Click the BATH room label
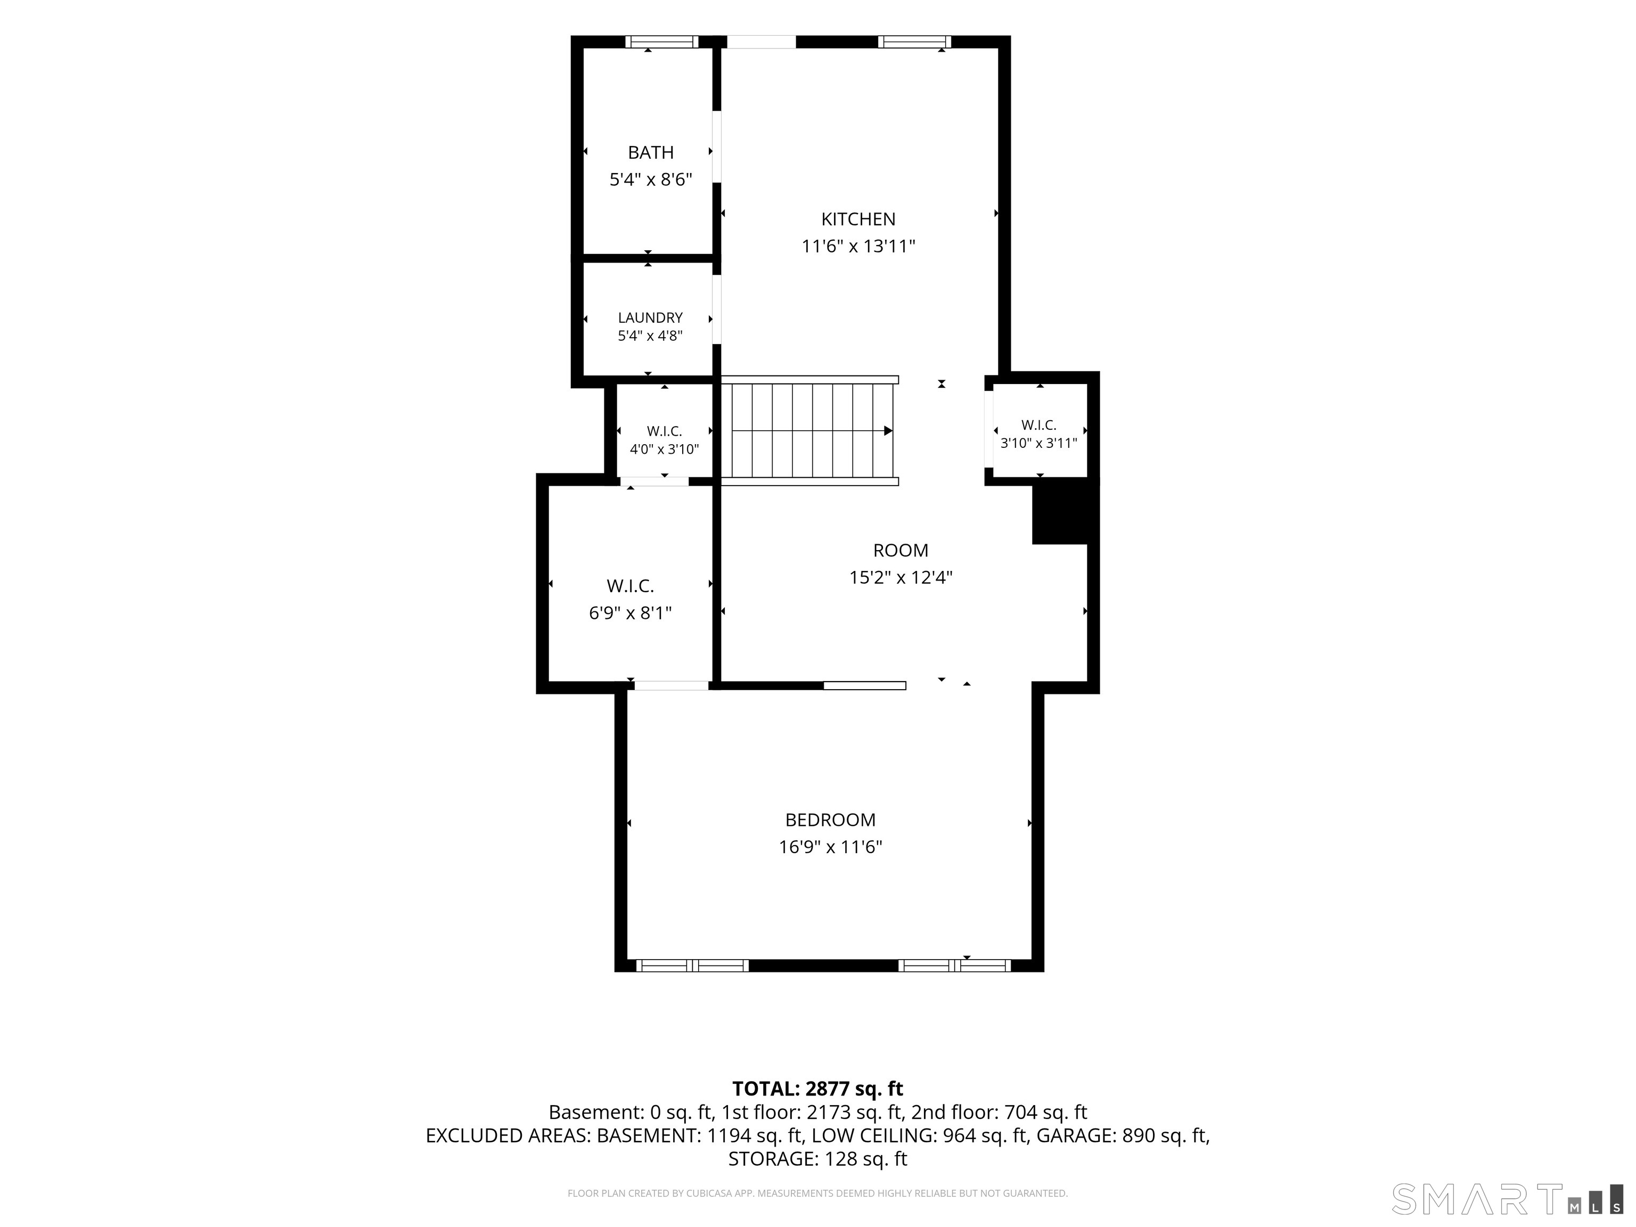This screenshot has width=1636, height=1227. [x=651, y=152]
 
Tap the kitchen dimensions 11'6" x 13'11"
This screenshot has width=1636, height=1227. [x=858, y=246]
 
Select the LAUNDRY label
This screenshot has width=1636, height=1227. [x=650, y=317]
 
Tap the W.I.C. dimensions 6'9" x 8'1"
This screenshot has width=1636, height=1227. [x=630, y=613]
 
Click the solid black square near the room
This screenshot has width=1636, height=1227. [x=1060, y=512]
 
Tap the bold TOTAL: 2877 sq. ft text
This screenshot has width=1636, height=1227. [x=817, y=1089]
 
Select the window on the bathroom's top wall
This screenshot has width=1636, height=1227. [x=662, y=42]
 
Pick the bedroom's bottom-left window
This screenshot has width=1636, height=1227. [x=692, y=965]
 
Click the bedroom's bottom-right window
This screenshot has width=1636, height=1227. [x=955, y=965]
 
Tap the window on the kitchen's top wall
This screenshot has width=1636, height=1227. [x=915, y=42]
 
